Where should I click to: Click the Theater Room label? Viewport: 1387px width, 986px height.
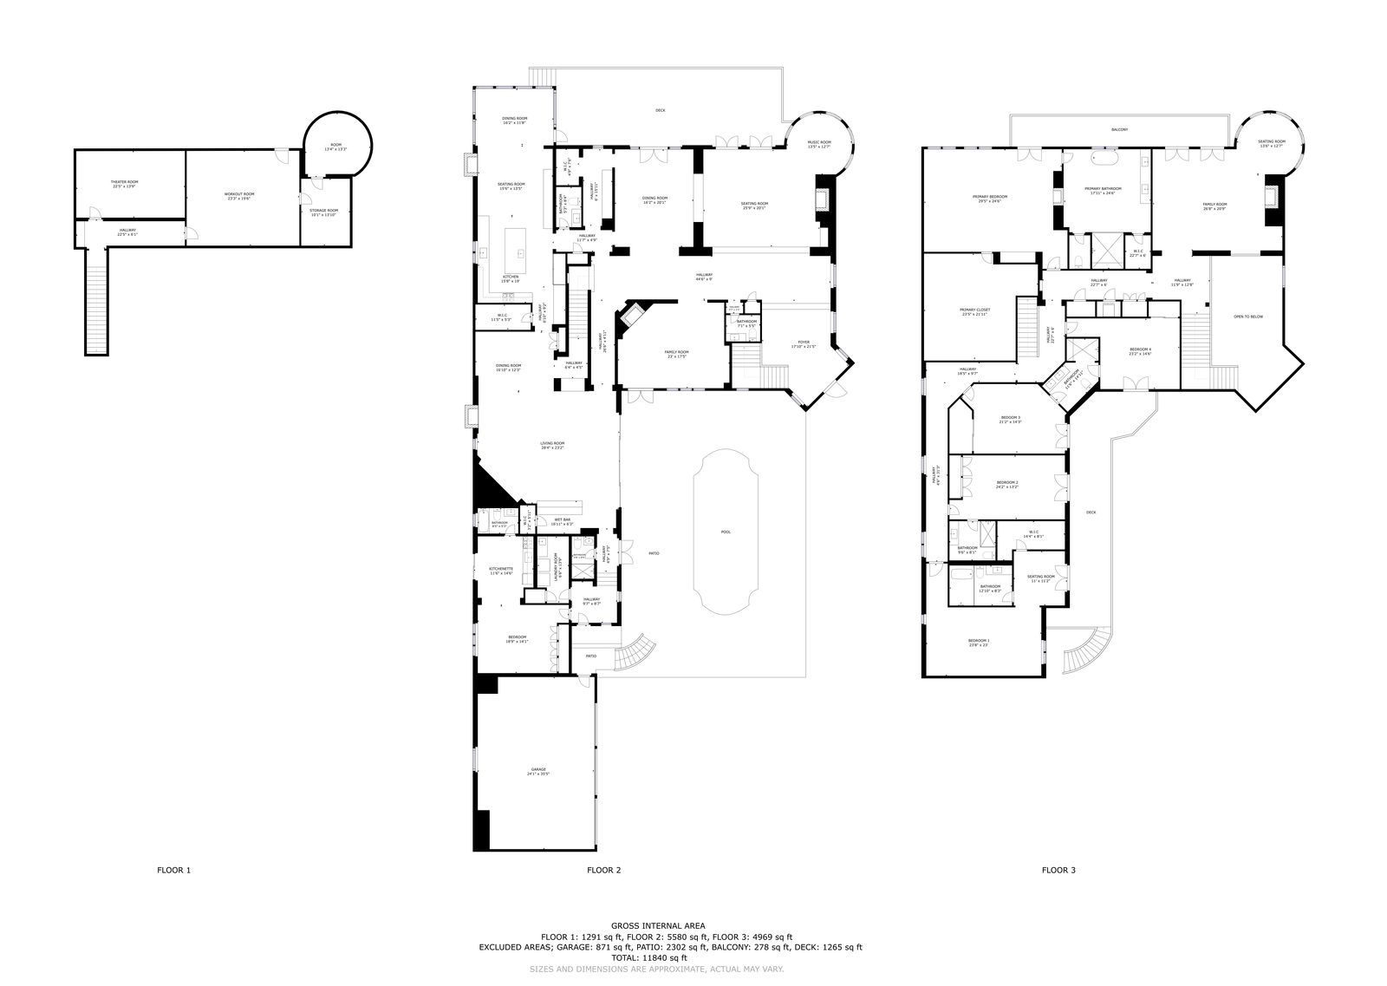click(125, 184)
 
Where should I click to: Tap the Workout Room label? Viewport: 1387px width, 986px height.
click(239, 196)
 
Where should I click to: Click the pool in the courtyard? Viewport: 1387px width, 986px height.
click(726, 532)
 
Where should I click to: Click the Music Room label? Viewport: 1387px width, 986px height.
click(818, 145)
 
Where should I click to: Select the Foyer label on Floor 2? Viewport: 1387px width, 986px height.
click(804, 344)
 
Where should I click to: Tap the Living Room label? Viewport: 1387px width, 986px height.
click(552, 446)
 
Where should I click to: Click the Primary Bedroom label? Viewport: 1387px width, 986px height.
click(989, 199)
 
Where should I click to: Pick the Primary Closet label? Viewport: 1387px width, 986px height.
click(974, 312)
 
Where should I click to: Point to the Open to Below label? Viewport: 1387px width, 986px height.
click(1247, 317)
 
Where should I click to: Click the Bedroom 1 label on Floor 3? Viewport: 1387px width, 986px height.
click(978, 643)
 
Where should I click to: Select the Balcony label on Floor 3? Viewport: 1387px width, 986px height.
click(1119, 130)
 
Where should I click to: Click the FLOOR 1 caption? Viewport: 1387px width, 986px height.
click(173, 870)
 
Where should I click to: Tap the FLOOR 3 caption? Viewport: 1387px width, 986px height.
click(1058, 870)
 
